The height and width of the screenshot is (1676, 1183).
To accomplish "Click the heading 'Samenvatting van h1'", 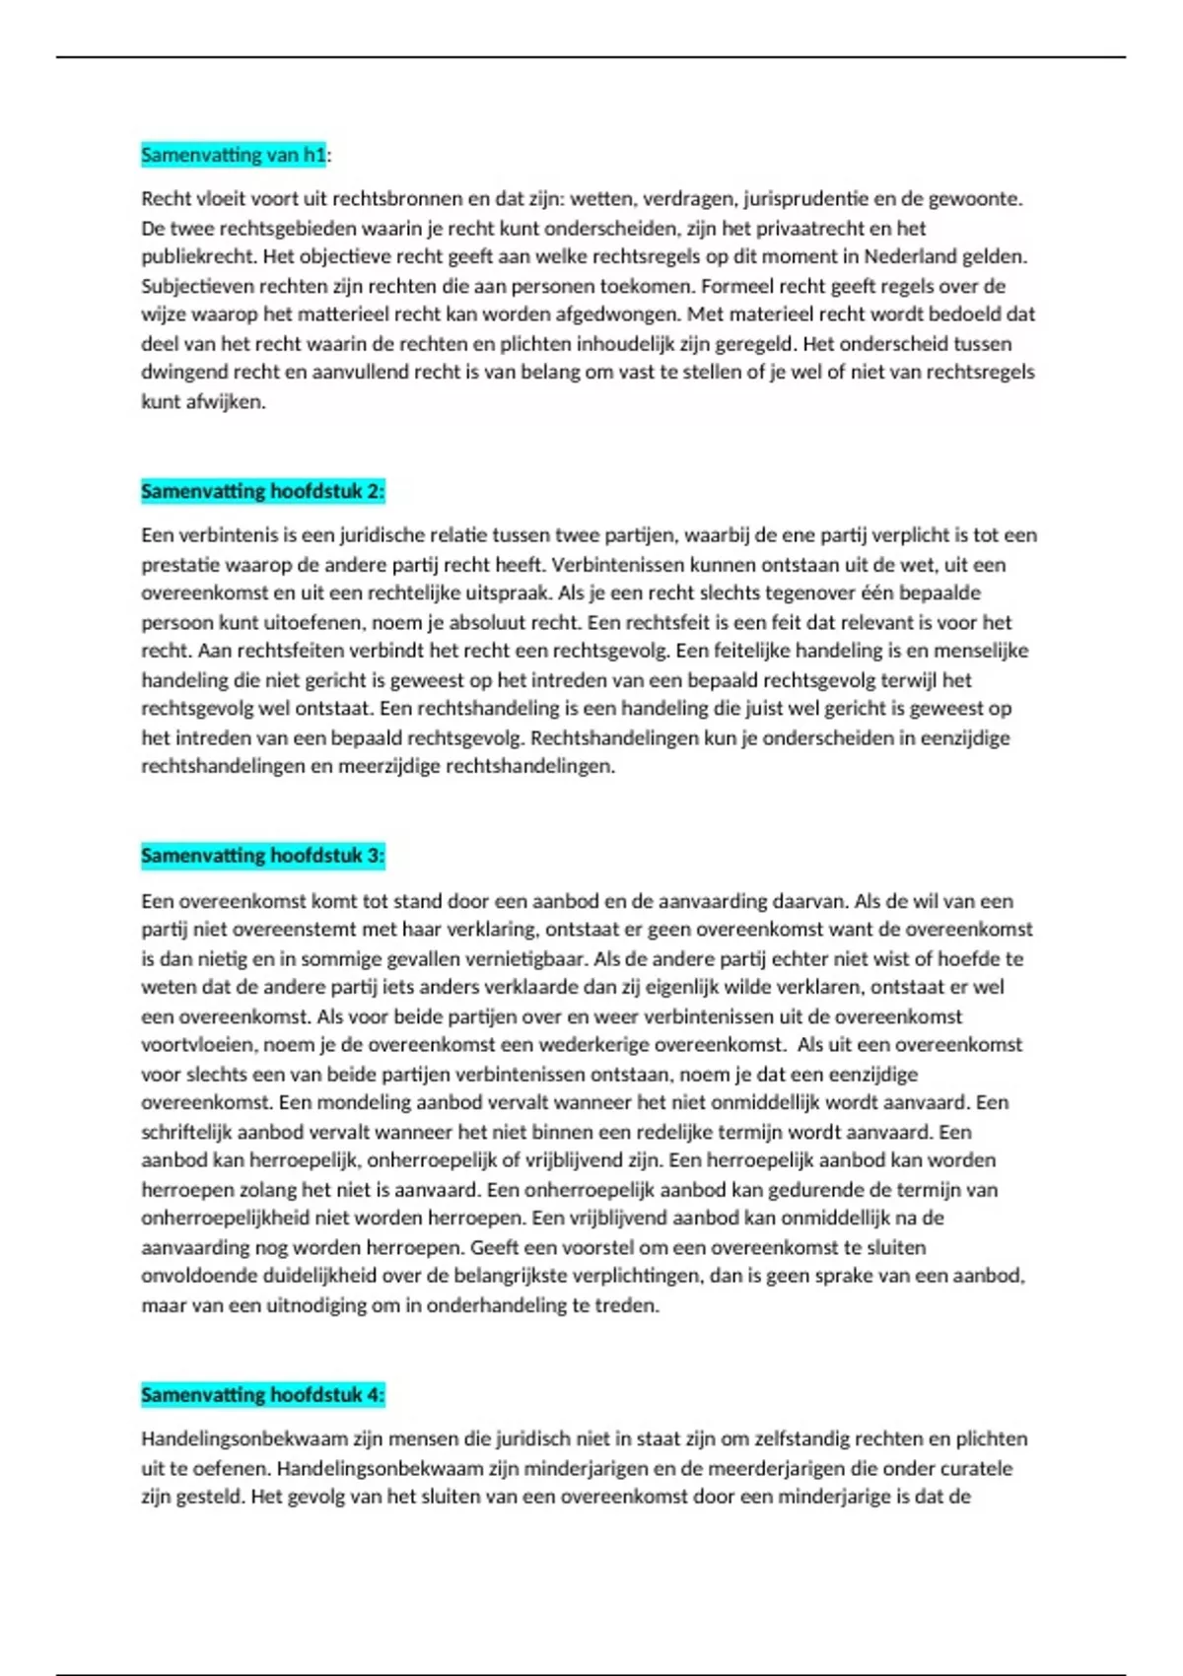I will coord(233,155).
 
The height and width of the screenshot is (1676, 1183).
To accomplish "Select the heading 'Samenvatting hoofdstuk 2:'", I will coord(262,491).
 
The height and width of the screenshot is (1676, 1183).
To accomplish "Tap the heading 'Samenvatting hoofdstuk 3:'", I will coord(262,856).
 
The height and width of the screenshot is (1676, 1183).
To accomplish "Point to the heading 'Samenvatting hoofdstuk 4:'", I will coord(262,1395).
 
